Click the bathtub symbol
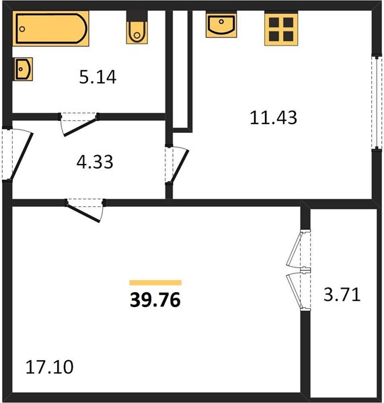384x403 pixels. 50,28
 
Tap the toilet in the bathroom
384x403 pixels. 137,28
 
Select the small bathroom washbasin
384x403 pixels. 23,69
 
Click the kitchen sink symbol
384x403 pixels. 221,24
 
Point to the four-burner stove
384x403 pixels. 281,29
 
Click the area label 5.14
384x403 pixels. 98,77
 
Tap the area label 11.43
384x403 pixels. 273,118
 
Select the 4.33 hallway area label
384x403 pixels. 95,162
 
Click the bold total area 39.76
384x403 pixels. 155,300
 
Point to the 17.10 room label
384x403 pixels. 49,367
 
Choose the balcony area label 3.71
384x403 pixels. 342,295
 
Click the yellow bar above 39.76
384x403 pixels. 155,283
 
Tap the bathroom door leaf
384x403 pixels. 81,126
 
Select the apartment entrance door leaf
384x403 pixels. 22,156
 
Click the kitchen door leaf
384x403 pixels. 180,166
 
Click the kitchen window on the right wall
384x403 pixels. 377,102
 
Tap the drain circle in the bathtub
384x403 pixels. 22,29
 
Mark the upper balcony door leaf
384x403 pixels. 294,249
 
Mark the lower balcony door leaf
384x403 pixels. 294,291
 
